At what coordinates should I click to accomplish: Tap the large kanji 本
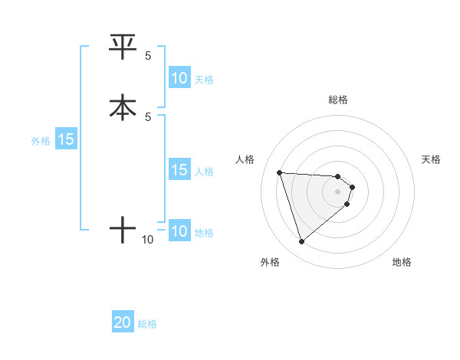(x=123, y=107)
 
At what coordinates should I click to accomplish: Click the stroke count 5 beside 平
(x=148, y=56)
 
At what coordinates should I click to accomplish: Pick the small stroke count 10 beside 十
(x=148, y=240)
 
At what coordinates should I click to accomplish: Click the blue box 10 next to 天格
(x=179, y=78)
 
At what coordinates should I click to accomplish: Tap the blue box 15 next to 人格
(x=179, y=170)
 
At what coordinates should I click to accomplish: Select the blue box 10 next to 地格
(x=179, y=231)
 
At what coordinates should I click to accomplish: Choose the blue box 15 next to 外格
(x=66, y=140)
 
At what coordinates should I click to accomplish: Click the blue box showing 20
(x=123, y=323)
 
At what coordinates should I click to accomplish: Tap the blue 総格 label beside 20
(x=147, y=324)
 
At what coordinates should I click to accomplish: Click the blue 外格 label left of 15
(x=41, y=141)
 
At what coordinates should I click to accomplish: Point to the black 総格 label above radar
(x=338, y=100)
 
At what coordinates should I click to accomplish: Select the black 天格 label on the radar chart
(x=431, y=159)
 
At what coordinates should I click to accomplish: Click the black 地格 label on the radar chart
(x=402, y=262)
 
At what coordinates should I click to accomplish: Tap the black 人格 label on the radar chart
(x=245, y=159)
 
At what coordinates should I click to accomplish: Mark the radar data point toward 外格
(x=301, y=241)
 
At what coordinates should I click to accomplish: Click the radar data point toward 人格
(x=279, y=172)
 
